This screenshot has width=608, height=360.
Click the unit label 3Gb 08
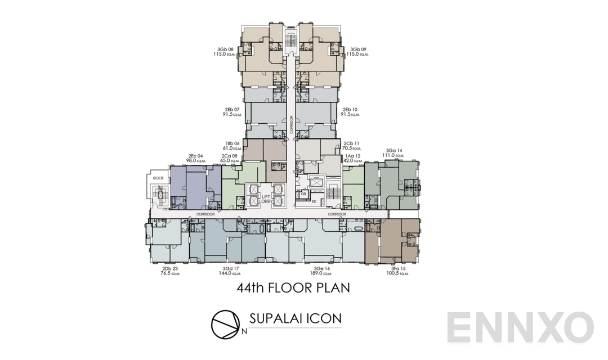pyautogui.click(x=226, y=49)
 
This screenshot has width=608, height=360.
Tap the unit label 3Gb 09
pyautogui.click(x=358, y=49)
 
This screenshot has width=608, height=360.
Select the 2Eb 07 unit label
pyautogui.click(x=231, y=109)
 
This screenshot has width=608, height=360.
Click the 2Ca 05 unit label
pyautogui.click(x=230, y=156)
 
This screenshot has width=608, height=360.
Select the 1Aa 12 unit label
pyautogui.click(x=352, y=156)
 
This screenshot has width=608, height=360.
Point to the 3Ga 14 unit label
pyautogui.click(x=394, y=151)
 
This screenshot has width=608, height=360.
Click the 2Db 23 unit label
pyautogui.click(x=169, y=268)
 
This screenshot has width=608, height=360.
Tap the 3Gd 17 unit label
pyautogui.click(x=231, y=268)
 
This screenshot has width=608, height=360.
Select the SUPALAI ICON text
pyautogui.click(x=294, y=319)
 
